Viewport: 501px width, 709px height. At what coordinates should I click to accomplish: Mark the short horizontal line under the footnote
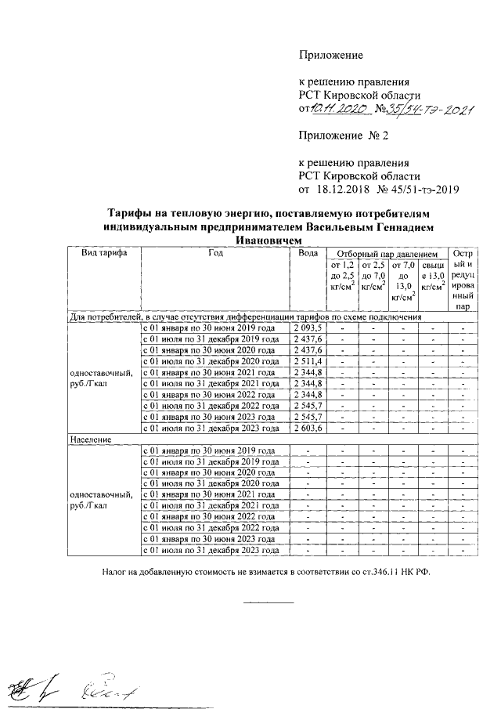pos(269,602)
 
